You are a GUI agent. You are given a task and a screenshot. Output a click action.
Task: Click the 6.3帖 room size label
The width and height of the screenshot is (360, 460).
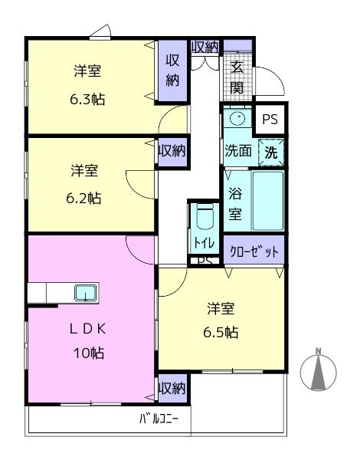tap(87, 100)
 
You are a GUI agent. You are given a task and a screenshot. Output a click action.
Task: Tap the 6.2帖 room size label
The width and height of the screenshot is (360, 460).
tap(83, 199)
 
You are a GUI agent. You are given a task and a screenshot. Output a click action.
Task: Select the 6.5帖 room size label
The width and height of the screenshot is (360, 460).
tap(221, 333)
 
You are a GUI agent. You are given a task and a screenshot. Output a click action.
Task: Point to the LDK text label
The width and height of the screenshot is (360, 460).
tap(87, 329)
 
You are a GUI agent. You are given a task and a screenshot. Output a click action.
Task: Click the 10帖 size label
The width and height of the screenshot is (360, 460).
tap(89, 353)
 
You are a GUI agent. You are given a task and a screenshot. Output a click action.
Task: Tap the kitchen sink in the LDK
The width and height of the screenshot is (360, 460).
tap(85, 293)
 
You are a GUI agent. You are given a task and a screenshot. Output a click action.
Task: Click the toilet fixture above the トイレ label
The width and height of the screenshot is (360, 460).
tap(205, 216)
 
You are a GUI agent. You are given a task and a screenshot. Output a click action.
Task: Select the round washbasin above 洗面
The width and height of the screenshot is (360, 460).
tap(237, 119)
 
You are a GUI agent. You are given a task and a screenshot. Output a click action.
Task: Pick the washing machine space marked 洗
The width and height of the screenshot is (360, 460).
tap(271, 152)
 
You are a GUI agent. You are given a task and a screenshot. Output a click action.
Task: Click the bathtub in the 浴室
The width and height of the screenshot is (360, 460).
tap(267, 201)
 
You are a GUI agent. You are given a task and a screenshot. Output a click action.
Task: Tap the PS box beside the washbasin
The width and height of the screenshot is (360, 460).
tap(270, 119)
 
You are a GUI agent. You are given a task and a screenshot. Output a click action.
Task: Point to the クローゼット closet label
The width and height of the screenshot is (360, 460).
tap(254, 251)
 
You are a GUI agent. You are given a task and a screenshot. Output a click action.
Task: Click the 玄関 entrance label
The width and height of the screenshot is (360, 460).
tap(237, 77)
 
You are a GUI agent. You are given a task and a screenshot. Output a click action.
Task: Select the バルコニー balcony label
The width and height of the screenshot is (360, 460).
tap(159, 419)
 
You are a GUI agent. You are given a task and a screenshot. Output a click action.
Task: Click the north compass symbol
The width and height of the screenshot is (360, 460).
tap(319, 370)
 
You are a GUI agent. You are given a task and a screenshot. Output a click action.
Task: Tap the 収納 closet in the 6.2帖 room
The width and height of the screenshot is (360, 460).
tap(172, 151)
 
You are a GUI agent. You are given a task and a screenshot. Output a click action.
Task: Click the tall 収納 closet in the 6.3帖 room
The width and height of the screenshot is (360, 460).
tap(172, 71)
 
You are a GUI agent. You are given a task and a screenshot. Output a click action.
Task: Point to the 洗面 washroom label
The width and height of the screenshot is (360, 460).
tap(238, 151)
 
